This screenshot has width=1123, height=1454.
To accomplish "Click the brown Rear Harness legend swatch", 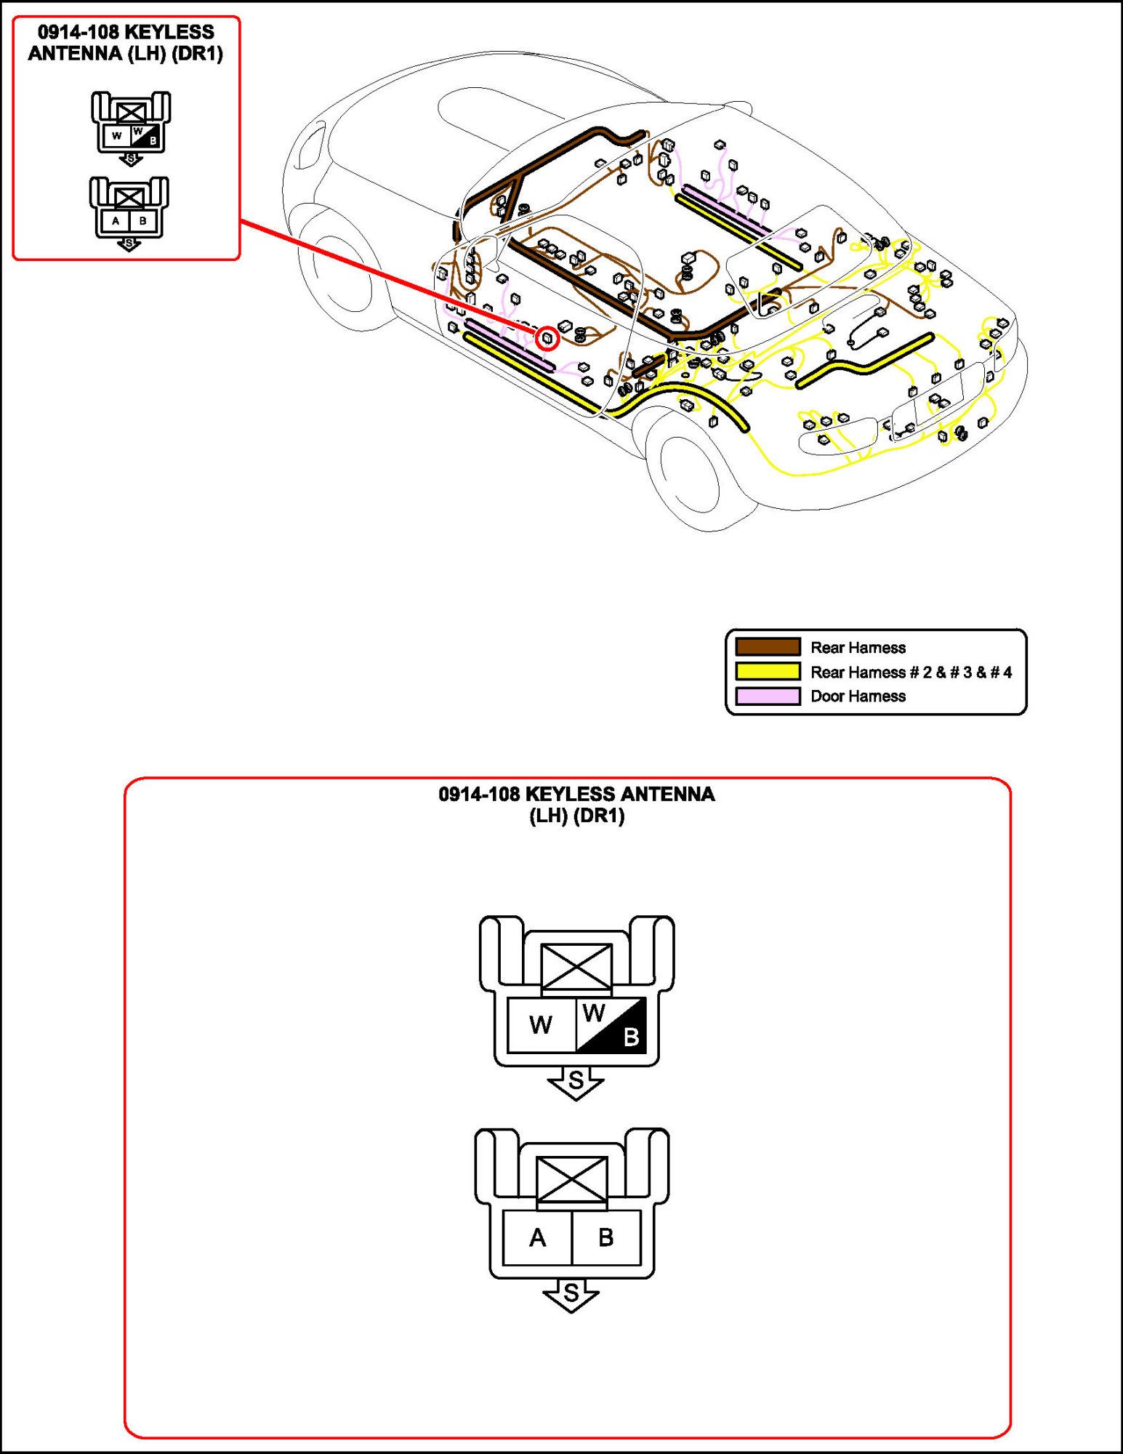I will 768,646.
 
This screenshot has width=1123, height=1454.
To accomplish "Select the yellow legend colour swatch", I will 768,671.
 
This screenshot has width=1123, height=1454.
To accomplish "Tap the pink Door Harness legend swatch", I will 768,696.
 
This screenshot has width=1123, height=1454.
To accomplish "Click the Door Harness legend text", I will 858,696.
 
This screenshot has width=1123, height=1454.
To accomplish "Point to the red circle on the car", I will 547,338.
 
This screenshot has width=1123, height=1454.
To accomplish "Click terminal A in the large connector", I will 537,1237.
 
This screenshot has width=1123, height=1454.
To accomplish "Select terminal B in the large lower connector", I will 605,1237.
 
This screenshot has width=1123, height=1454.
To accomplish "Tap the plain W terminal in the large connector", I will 541,1025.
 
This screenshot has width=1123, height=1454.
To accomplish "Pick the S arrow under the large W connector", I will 576,1082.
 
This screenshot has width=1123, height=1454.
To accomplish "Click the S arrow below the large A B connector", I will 571,1294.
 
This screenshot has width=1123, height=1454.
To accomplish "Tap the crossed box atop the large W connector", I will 576,967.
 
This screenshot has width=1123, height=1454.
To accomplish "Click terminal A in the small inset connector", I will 116,220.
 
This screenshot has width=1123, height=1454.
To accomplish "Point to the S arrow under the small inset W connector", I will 131,158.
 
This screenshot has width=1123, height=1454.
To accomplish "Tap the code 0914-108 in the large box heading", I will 479,794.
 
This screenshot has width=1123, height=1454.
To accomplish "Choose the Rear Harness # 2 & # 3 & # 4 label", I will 911,672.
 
